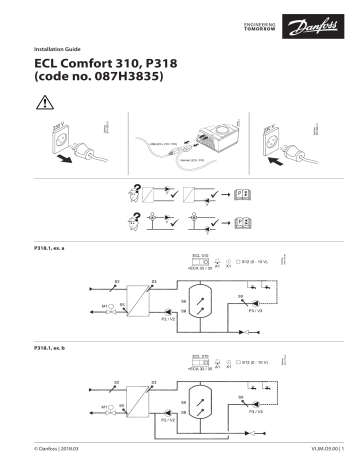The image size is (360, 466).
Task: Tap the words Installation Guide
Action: (x=61, y=48)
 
